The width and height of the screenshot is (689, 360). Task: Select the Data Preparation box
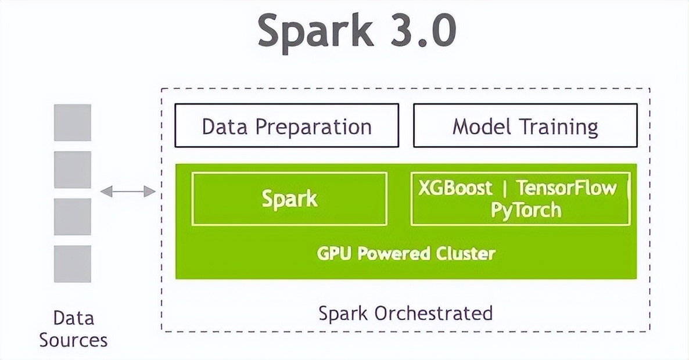click(287, 125)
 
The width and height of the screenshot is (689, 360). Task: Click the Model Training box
click(525, 125)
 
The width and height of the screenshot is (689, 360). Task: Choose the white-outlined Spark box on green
click(289, 199)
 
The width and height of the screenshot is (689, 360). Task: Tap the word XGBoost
click(455, 188)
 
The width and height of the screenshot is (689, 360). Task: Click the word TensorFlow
click(566, 188)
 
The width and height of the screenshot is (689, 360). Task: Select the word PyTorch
click(526, 209)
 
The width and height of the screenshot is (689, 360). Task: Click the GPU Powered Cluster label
click(406, 254)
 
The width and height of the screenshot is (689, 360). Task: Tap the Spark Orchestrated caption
click(405, 313)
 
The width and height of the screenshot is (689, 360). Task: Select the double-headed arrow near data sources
click(128, 192)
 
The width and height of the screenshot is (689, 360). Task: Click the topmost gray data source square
click(73, 123)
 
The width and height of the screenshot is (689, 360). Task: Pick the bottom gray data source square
click(73, 264)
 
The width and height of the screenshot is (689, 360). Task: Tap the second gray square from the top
click(73, 170)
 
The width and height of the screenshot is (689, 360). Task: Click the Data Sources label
click(73, 329)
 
